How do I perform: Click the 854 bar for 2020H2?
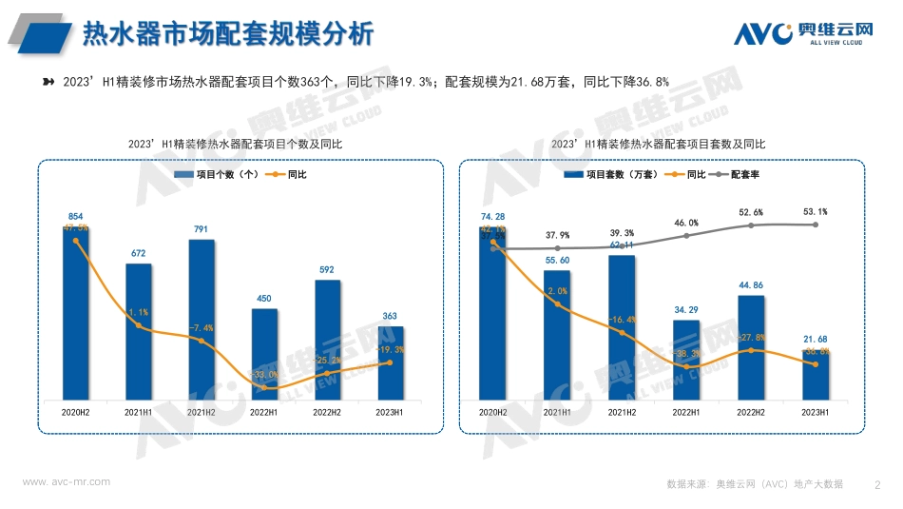click(x=76, y=314)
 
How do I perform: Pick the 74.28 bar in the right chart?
click(x=492, y=314)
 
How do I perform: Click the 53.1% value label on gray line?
click(x=816, y=211)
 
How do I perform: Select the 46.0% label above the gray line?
click(x=686, y=222)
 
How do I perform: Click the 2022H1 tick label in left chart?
click(x=264, y=412)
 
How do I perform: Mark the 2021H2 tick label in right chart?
click(x=622, y=412)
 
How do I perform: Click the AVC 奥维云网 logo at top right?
click(x=803, y=33)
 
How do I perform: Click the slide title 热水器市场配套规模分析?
click(x=228, y=34)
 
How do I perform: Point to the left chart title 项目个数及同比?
click(x=235, y=144)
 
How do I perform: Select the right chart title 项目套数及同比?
click(x=658, y=144)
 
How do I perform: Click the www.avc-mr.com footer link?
click(x=67, y=482)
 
